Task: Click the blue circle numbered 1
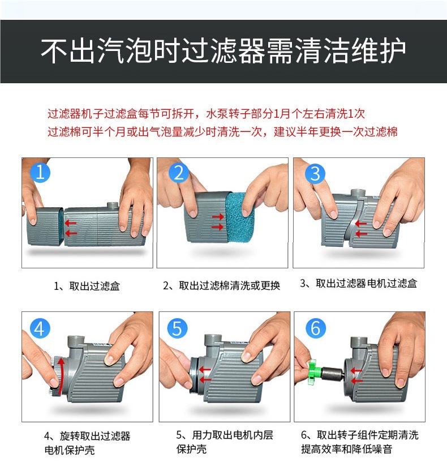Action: pyautogui.click(x=40, y=173)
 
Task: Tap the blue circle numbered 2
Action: pyautogui.click(x=178, y=173)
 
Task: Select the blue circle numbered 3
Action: pyautogui.click(x=315, y=173)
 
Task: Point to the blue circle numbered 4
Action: pyautogui.click(x=40, y=328)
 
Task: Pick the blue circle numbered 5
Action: pyautogui.click(x=177, y=328)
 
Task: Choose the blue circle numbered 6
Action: pyautogui.click(x=316, y=328)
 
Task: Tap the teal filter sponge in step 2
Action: pyautogui.click(x=239, y=216)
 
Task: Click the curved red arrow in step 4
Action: pyautogui.click(x=61, y=375)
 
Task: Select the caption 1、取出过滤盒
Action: pyautogui.click(x=87, y=286)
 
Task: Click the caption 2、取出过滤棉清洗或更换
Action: pyautogui.click(x=222, y=285)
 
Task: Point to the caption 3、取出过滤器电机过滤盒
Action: pyautogui.click(x=359, y=283)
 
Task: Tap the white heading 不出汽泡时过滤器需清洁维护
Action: pyautogui.click(x=223, y=51)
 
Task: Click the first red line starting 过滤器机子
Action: pyautogui.click(x=206, y=114)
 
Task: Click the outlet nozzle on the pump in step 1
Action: pyautogui.click(x=113, y=205)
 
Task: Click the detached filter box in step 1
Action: pyautogui.click(x=45, y=226)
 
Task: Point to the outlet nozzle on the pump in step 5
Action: pyautogui.click(x=212, y=340)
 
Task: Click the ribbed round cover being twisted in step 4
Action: pyautogui.click(x=55, y=376)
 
